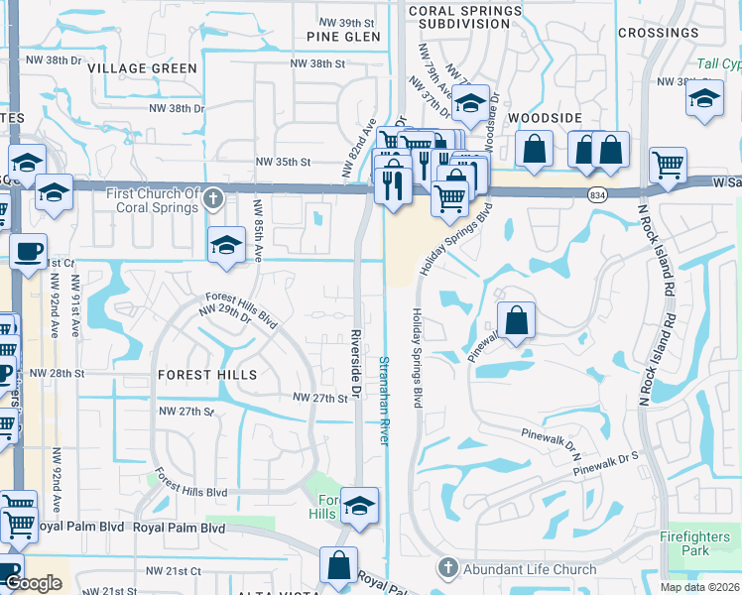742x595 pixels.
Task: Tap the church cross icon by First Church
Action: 211,201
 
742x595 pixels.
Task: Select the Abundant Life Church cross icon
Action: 447,568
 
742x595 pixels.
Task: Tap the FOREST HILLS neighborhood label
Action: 207,375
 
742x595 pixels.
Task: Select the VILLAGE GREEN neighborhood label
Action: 142,68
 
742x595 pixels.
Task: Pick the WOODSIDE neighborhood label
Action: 545,117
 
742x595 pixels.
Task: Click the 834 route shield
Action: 596,193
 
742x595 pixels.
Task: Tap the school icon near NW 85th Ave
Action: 226,245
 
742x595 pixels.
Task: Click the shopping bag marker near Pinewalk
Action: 516,320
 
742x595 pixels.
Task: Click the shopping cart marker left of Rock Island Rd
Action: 668,165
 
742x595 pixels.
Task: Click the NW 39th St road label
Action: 344,22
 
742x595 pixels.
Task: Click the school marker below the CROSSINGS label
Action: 705,99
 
